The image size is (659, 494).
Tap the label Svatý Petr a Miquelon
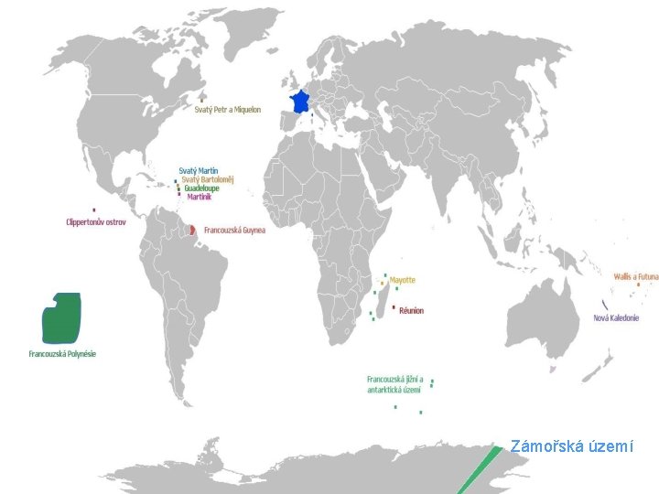pyautogui.click(x=228, y=110)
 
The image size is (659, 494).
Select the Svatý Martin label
pyautogui.click(x=199, y=170)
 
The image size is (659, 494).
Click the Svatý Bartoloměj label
pyautogui.click(x=208, y=179)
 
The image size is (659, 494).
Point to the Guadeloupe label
pyautogui.click(x=202, y=188)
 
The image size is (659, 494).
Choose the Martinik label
pyautogui.click(x=200, y=197)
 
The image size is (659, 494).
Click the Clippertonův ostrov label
pyautogui.click(x=96, y=221)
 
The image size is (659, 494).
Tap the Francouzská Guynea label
pyautogui.click(x=234, y=230)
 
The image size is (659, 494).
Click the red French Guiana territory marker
pyautogui.click(x=193, y=228)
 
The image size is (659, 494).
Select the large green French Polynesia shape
pyautogui.click(x=61, y=317)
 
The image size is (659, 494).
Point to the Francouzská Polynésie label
pyautogui.click(x=62, y=353)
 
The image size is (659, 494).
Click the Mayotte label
pyautogui.click(x=402, y=280)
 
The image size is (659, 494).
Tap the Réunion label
pyautogui.click(x=411, y=311)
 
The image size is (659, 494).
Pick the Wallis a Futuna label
pyautogui.click(x=635, y=276)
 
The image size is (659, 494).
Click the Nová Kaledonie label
pyautogui.click(x=617, y=317)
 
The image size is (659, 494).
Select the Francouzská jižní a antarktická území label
pyautogui.click(x=394, y=384)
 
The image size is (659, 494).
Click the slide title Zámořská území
pyautogui.click(x=571, y=447)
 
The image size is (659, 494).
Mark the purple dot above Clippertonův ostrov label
pyautogui.click(x=93, y=210)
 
